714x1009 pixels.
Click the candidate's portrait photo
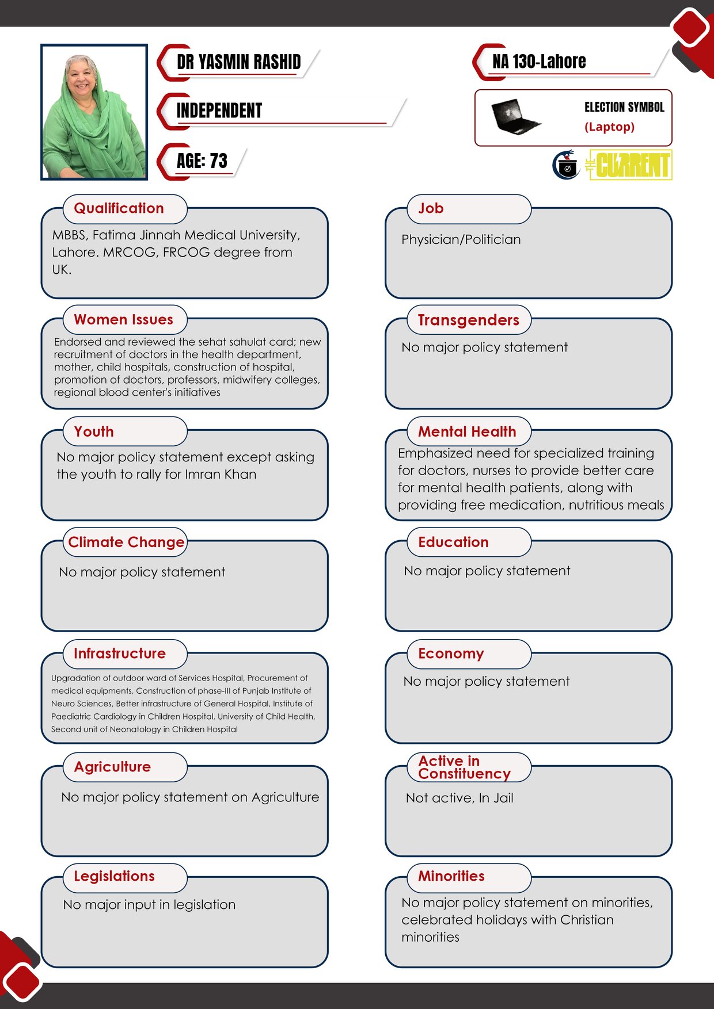[x=94, y=112]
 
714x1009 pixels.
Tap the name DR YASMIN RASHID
[x=238, y=62]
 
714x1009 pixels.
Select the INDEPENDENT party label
[x=219, y=110]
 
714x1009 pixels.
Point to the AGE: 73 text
[x=202, y=161]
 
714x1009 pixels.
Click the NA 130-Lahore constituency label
[x=538, y=62]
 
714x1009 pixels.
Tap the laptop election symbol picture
[x=514, y=117]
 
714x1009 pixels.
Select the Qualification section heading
[x=119, y=208]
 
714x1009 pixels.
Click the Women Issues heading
[x=123, y=320]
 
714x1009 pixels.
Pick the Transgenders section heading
[x=468, y=320]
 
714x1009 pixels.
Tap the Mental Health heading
[x=467, y=431]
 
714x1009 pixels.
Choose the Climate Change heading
[x=126, y=542]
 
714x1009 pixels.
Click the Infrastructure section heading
[x=119, y=653]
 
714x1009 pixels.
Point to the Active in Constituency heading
[x=464, y=767]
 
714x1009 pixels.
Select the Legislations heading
[x=114, y=876]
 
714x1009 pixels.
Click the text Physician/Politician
[x=461, y=240]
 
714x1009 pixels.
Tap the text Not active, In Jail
[x=459, y=798]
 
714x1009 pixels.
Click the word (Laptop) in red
[x=609, y=127]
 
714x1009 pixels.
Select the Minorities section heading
[x=451, y=876]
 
